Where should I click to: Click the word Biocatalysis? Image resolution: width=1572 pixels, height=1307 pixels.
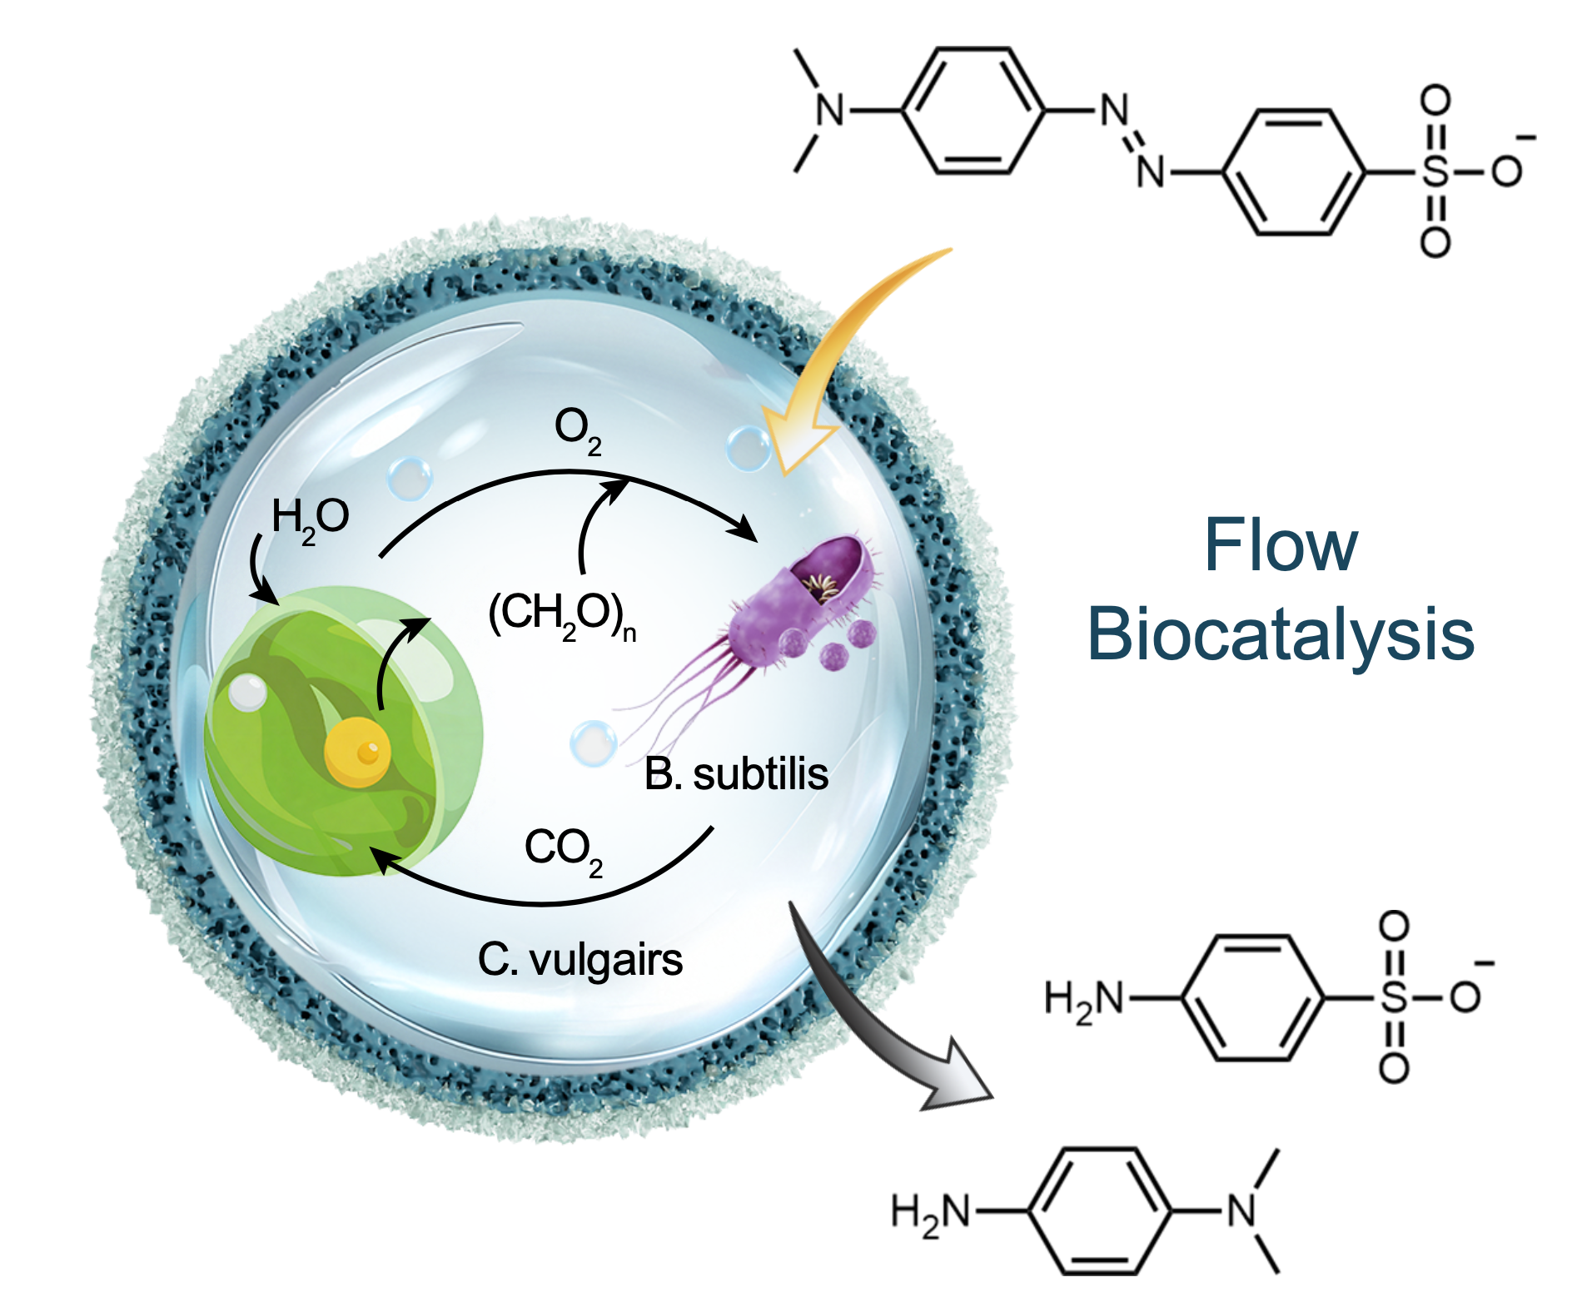(x=1281, y=634)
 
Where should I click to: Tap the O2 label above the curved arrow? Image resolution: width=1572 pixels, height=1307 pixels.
(x=577, y=430)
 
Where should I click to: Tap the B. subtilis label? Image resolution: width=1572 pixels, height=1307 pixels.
(x=736, y=774)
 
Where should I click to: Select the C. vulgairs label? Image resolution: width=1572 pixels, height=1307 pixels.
(x=580, y=960)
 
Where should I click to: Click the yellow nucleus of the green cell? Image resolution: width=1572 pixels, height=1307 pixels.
(x=357, y=753)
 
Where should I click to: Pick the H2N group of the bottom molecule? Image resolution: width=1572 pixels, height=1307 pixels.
(x=931, y=1211)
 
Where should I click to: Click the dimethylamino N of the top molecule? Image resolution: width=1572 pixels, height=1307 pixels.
(x=829, y=111)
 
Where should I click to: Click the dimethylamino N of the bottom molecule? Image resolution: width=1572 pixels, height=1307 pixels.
(x=1242, y=1211)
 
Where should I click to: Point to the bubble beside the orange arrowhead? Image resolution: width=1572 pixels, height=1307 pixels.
(x=747, y=447)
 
